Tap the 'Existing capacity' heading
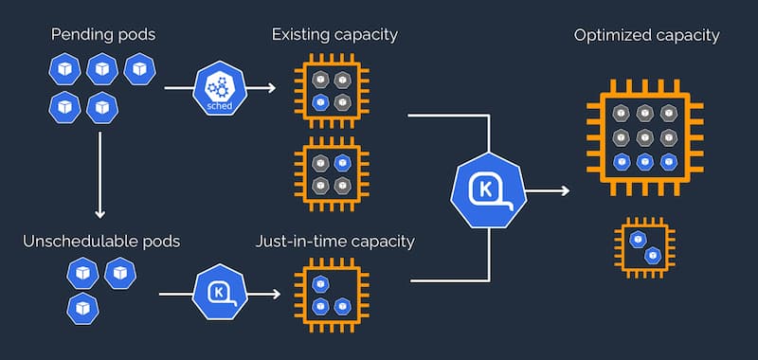point(334,36)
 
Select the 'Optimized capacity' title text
point(646,36)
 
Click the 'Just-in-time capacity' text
point(334,241)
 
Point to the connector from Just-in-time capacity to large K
point(450,280)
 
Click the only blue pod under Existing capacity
point(320,101)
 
